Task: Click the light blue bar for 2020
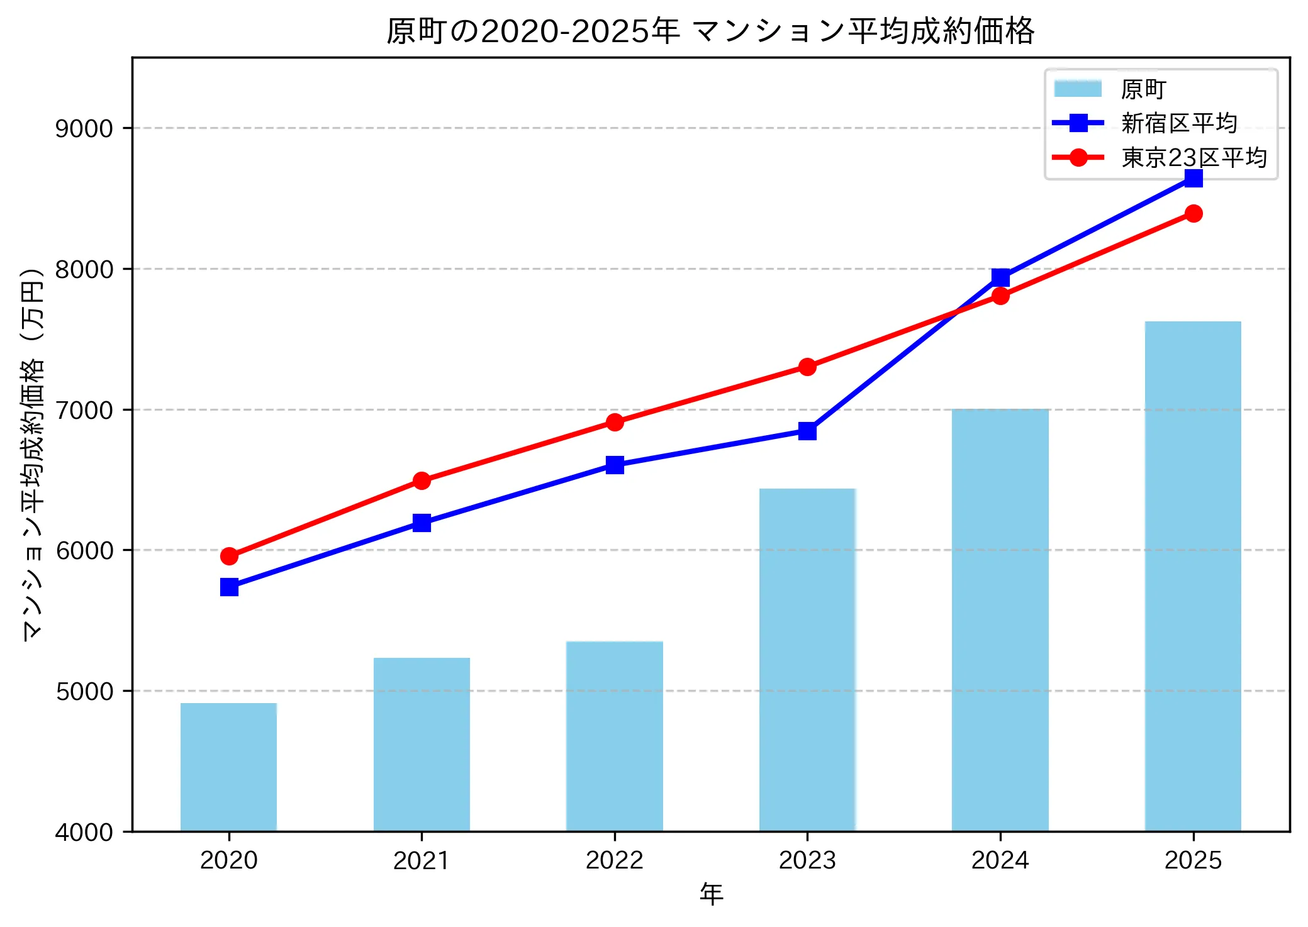pos(228,767)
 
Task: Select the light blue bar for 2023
pos(807,660)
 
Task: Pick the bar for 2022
pos(615,736)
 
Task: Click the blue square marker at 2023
pos(807,431)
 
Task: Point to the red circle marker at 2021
pos(422,481)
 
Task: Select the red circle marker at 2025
pos(1193,214)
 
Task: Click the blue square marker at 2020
pos(229,587)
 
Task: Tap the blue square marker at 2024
pos(1000,277)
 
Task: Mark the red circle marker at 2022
pos(615,423)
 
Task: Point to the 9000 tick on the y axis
pos(84,129)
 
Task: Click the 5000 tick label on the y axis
pos(84,692)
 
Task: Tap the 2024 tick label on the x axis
pos(1000,860)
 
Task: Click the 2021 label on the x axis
pos(421,860)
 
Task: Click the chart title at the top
pos(710,31)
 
